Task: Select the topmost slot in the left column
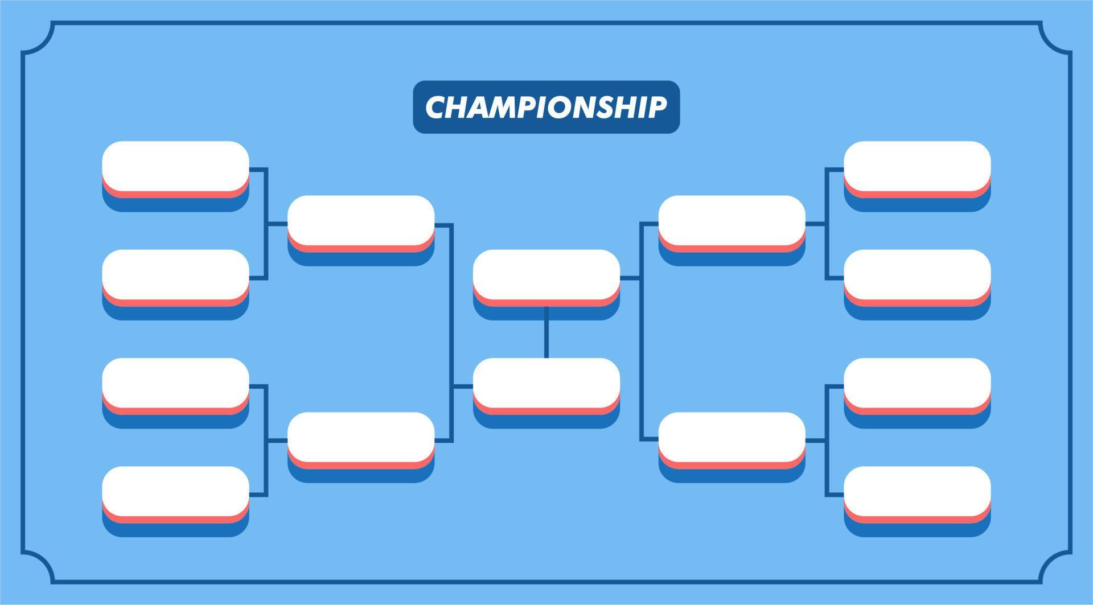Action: (x=175, y=166)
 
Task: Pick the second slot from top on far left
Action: (x=175, y=274)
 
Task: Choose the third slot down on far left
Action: (x=175, y=383)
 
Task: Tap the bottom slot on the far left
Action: (x=175, y=491)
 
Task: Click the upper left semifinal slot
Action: (x=361, y=220)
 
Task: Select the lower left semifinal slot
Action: (x=361, y=437)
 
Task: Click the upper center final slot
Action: (x=546, y=274)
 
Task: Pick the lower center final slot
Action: (x=546, y=383)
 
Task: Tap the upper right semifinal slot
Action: (x=732, y=220)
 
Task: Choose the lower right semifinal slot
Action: (x=732, y=437)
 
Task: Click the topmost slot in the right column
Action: (x=917, y=166)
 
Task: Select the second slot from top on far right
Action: (x=917, y=274)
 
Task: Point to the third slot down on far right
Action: (x=917, y=383)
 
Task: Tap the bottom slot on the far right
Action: (x=917, y=491)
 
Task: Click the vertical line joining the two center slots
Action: (x=546, y=332)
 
